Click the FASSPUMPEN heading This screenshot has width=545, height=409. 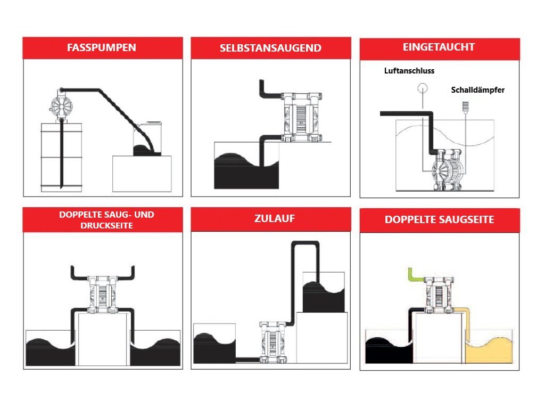click(102, 47)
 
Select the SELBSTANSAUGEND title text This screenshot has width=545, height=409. click(270, 48)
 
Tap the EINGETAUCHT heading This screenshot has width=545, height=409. click(439, 47)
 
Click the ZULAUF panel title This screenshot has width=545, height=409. click(275, 218)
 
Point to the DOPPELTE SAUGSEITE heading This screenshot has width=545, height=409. click(439, 219)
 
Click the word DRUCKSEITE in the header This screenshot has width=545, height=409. click(106, 226)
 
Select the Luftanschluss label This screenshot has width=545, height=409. click(409, 71)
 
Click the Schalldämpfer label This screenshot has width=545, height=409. click(477, 89)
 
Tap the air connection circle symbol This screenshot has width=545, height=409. click(423, 88)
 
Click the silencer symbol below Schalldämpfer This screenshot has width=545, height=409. click(465, 106)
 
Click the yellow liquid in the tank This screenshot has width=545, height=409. click(489, 352)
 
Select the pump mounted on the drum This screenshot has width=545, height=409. click(61, 105)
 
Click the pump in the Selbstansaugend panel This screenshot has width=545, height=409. click(302, 117)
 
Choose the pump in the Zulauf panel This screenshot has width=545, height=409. click(274, 342)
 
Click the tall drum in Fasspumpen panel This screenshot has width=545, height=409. click(62, 157)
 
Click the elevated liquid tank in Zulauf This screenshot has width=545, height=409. click(324, 292)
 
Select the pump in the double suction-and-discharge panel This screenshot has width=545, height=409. click(103, 294)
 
